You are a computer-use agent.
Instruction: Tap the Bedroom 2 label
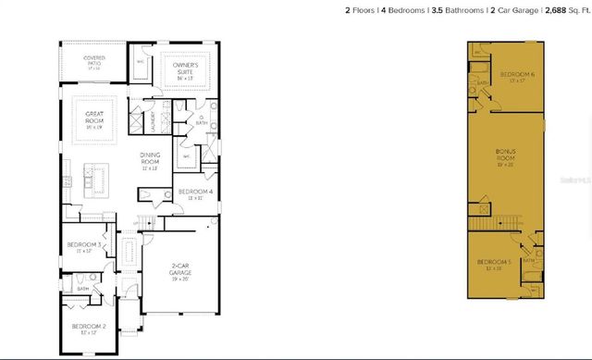click(92, 329)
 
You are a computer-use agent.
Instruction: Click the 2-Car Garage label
click(180, 272)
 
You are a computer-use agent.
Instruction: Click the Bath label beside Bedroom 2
click(82, 288)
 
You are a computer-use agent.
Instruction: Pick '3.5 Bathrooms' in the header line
click(457, 11)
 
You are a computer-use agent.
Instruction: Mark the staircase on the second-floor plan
click(493, 222)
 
